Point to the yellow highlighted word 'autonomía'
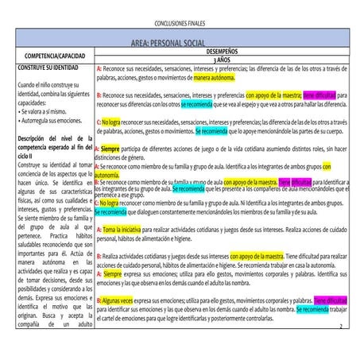106,174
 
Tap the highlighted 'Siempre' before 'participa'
110,149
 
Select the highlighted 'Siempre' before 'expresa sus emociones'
112,273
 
